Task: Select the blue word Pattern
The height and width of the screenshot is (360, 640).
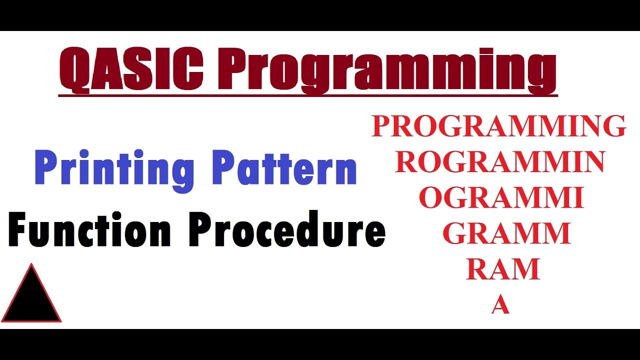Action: (x=285, y=167)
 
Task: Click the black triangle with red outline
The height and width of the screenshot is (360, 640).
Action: (x=31, y=297)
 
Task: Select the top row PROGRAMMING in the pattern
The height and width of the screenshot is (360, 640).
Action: (x=498, y=126)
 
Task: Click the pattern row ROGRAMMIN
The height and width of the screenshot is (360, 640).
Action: (x=500, y=162)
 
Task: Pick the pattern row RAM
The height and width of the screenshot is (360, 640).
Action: (x=503, y=269)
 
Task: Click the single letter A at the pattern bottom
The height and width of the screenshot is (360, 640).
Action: (x=500, y=305)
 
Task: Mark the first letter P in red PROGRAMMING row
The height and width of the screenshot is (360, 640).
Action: (x=382, y=126)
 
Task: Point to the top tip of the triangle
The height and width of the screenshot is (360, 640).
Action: (x=31, y=265)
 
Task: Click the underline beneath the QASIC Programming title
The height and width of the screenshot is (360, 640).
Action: (x=307, y=94)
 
